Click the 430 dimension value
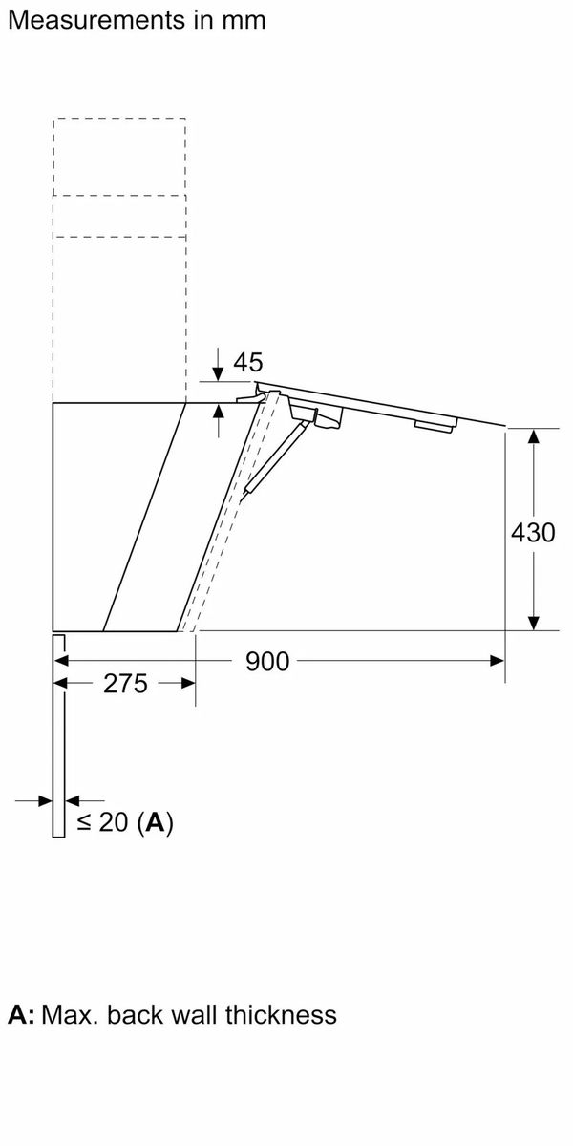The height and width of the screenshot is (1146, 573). [533, 533]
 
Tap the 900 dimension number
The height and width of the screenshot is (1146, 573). [267, 662]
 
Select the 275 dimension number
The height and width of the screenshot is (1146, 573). [125, 684]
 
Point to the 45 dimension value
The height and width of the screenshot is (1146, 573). [248, 362]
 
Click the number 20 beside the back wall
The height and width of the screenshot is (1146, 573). [114, 822]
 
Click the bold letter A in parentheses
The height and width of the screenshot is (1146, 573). [156, 822]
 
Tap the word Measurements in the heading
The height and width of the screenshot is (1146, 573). [96, 20]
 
